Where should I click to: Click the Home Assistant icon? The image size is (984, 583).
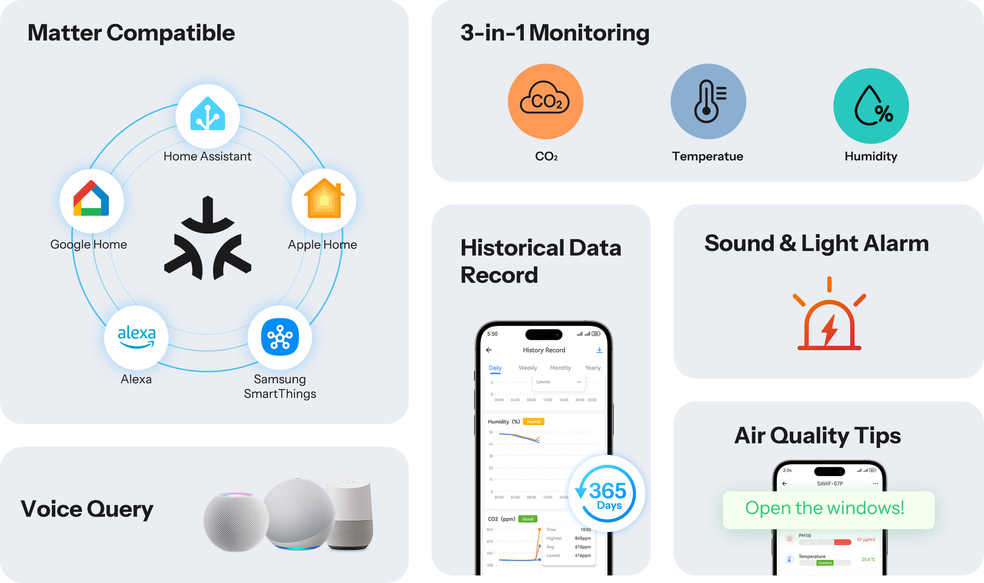tap(207, 116)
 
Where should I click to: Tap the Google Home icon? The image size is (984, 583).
tap(91, 200)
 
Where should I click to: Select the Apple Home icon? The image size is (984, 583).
tap(324, 200)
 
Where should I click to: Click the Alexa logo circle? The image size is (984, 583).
tap(136, 337)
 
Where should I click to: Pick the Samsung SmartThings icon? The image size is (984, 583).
tap(280, 337)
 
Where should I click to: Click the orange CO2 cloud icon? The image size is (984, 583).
tap(545, 101)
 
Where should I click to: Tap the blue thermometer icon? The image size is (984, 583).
tap(708, 101)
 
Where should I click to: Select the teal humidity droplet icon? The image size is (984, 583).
tap(870, 106)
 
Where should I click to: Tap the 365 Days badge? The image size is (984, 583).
tap(607, 493)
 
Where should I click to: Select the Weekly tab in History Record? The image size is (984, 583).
tap(527, 368)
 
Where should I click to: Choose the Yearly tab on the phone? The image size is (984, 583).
tap(593, 368)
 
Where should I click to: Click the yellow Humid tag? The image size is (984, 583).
tap(533, 421)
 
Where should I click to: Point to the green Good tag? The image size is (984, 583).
tap(527, 519)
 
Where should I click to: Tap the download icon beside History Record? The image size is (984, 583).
tap(599, 350)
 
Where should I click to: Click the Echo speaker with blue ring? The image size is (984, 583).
tap(299, 514)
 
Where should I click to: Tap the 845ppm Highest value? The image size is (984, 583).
tap(583, 538)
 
